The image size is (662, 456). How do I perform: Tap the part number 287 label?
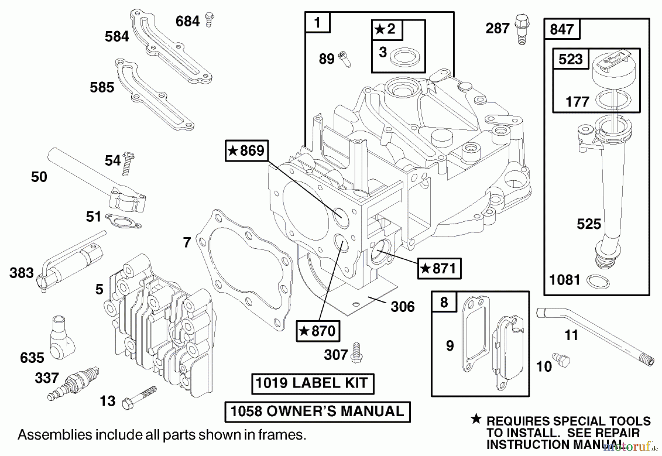[x=497, y=28]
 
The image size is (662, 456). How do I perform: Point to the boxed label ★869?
[x=246, y=151]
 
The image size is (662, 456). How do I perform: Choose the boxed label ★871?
[x=439, y=268]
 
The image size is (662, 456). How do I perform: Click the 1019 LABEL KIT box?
[x=312, y=383]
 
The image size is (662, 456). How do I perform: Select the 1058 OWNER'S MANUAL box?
[x=317, y=411]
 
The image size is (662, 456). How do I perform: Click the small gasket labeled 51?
[x=122, y=221]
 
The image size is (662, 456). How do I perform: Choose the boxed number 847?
[x=561, y=29]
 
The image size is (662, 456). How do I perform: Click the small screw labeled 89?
[x=345, y=59]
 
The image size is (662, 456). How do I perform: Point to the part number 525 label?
[x=588, y=224]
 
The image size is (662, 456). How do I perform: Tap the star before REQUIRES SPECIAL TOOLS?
[x=476, y=419]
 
